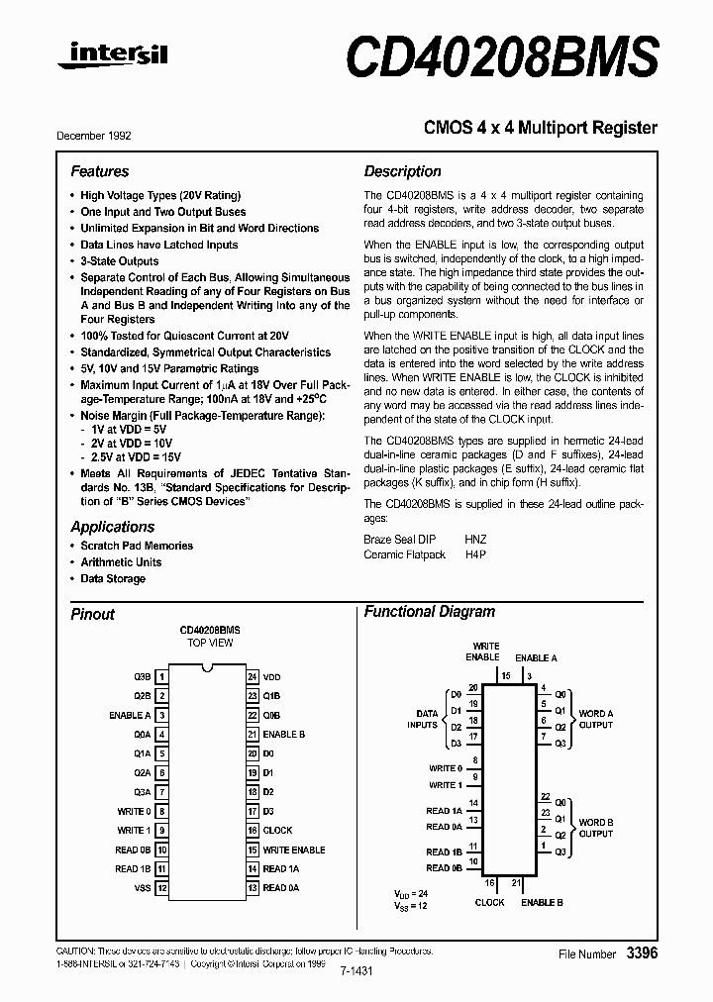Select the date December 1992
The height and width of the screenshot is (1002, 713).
[94, 136]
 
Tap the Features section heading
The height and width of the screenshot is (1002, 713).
[99, 171]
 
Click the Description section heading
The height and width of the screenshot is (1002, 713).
[402, 171]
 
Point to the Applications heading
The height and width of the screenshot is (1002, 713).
[112, 527]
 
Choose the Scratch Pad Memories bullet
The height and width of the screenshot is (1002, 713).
[137, 546]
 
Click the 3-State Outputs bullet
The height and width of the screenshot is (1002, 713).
[119, 260]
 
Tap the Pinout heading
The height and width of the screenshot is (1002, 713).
[92, 614]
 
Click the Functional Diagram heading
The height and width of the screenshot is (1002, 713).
[429, 612]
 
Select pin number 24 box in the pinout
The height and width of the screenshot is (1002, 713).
[253, 676]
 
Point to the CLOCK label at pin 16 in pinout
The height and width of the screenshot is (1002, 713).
[277, 831]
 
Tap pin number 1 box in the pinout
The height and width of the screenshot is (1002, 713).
[161, 676]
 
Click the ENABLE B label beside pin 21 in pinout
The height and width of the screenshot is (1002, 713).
[283, 735]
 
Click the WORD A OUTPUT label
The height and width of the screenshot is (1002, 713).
[595, 719]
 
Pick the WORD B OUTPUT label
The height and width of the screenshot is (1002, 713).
[595, 828]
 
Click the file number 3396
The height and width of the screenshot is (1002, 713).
[641, 953]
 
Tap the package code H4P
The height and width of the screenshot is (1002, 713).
[475, 555]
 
